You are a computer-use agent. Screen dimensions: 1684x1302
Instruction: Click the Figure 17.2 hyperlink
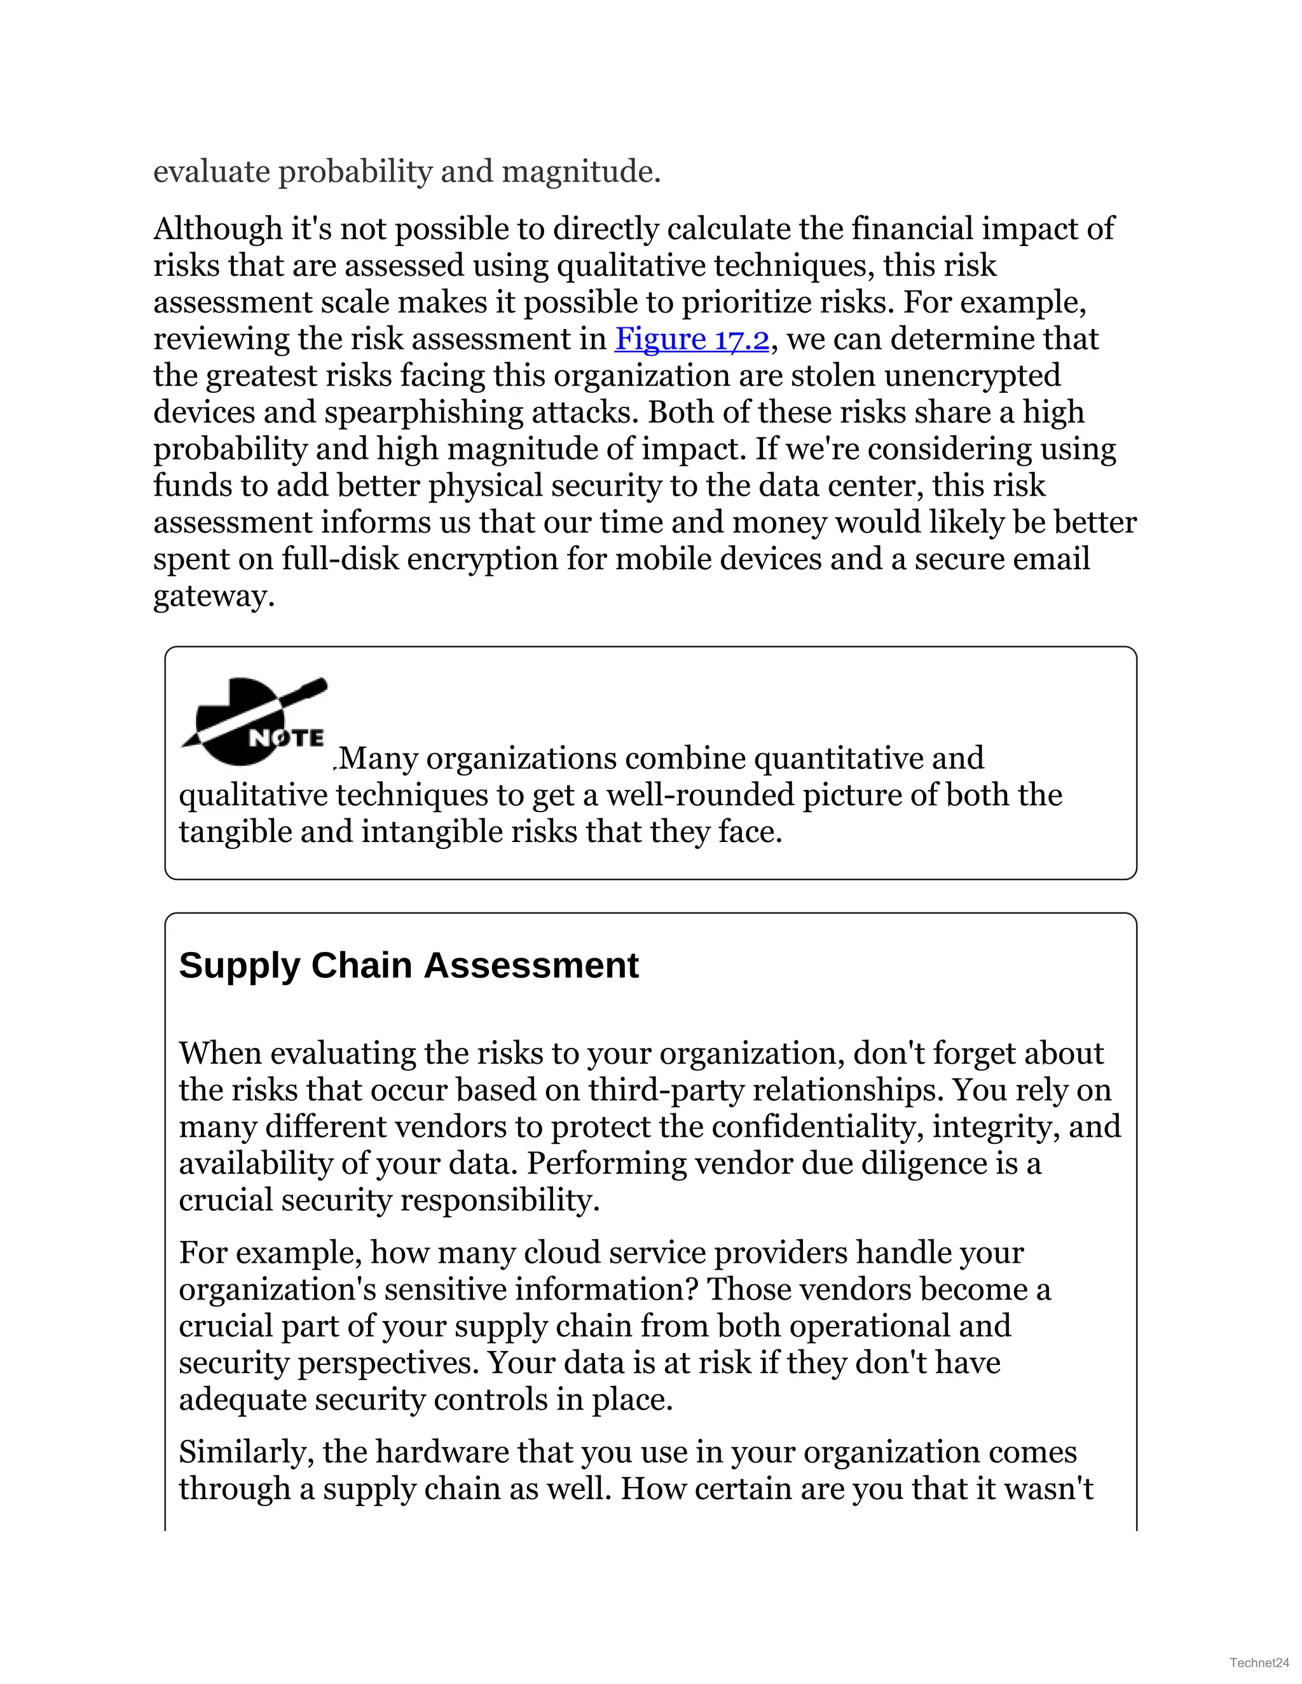click(692, 339)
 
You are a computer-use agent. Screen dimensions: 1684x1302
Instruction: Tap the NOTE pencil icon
click(254, 723)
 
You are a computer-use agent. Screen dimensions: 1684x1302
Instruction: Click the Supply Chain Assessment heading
click(409, 965)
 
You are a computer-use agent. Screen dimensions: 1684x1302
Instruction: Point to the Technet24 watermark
click(1259, 1662)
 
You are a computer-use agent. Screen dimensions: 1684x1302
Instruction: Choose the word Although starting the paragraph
click(218, 229)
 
